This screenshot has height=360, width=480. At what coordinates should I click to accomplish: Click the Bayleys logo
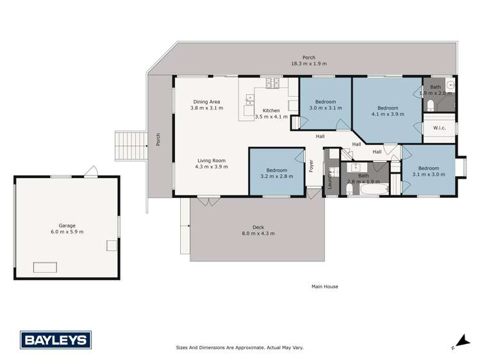click(x=55, y=339)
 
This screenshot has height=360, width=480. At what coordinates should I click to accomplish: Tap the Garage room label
click(x=67, y=225)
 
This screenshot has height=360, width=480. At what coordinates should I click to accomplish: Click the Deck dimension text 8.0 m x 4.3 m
click(x=259, y=233)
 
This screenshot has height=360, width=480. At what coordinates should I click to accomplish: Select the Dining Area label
click(x=207, y=102)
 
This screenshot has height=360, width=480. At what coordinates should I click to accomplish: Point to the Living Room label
click(x=211, y=160)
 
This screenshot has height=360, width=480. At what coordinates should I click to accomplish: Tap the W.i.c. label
click(x=439, y=128)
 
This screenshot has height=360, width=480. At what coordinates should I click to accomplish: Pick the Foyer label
click(x=311, y=165)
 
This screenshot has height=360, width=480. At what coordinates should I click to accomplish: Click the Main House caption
click(x=324, y=286)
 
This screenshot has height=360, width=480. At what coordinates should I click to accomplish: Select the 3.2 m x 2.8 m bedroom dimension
click(x=277, y=176)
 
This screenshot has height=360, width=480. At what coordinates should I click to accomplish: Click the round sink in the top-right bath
click(x=451, y=84)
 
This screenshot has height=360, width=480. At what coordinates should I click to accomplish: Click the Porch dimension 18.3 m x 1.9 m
click(x=310, y=64)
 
